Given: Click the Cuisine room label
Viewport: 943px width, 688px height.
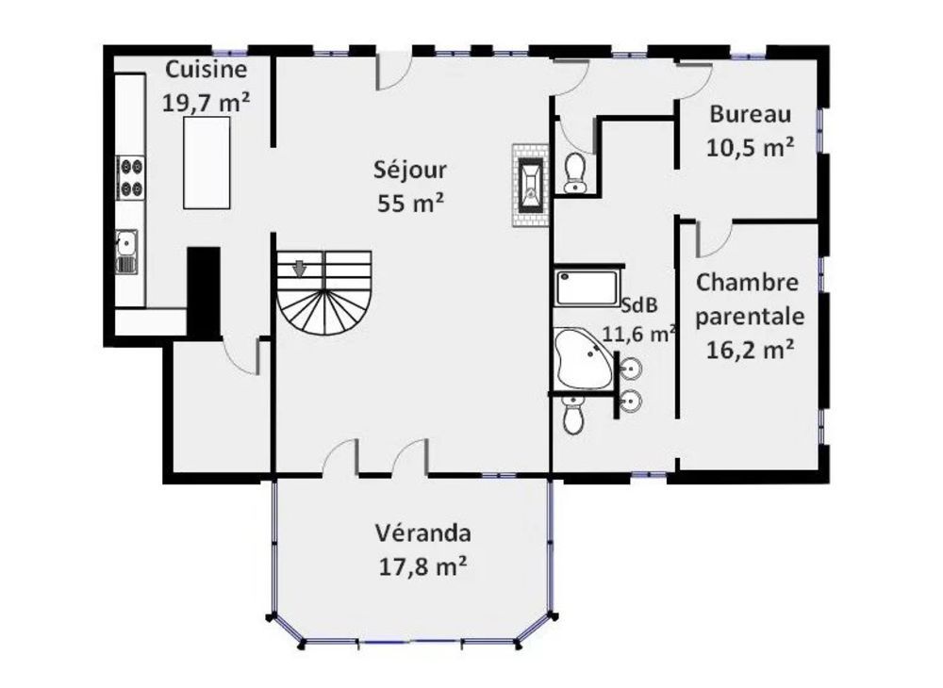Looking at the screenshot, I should (206, 70).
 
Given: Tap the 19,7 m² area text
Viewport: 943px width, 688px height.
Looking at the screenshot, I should (206, 102).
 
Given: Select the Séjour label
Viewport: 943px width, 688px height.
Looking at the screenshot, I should (410, 171).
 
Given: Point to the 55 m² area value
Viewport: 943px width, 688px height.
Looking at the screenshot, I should (410, 203).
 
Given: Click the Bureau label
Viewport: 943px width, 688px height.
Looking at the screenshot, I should (750, 115).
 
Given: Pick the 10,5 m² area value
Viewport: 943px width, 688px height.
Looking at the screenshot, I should (750, 147).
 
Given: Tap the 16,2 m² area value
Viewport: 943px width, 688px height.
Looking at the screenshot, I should (748, 350).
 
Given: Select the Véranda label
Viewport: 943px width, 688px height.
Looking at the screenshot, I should (422, 533).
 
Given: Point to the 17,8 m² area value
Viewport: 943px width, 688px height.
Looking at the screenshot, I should (422, 566).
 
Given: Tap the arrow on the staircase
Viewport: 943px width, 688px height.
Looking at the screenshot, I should (300, 268).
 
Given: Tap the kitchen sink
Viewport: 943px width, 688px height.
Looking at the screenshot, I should (126, 249).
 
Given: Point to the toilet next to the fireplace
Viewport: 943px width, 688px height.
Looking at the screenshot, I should (573, 171).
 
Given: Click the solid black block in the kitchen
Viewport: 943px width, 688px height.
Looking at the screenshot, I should (203, 290).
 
